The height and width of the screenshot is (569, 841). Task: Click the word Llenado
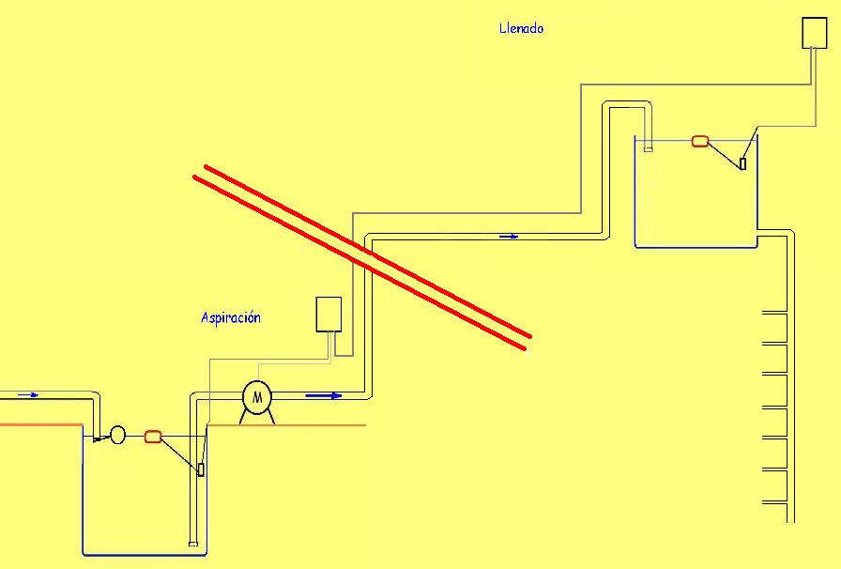(x=521, y=28)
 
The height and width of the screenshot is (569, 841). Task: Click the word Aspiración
(x=230, y=317)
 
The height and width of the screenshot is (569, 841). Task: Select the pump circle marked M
(x=256, y=397)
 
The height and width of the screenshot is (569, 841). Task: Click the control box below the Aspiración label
(x=329, y=314)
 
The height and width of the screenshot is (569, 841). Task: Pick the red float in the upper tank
(x=699, y=142)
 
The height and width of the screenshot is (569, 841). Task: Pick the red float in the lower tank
(x=153, y=436)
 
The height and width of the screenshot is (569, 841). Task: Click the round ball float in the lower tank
(x=117, y=435)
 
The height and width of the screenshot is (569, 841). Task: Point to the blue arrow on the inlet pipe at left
(x=28, y=395)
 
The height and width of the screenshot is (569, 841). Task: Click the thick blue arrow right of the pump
(x=323, y=396)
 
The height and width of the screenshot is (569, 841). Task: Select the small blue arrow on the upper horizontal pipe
(x=509, y=236)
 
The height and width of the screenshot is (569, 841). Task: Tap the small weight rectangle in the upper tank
(x=742, y=163)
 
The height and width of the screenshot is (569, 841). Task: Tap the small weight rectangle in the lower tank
(x=200, y=469)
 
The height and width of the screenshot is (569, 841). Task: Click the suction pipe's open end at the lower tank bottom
(x=192, y=542)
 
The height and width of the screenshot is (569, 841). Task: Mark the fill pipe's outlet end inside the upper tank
(x=648, y=147)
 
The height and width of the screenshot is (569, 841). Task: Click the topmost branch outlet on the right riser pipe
(x=773, y=312)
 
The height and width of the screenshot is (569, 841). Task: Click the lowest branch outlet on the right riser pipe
(x=773, y=503)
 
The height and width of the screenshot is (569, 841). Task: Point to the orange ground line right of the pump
(x=319, y=425)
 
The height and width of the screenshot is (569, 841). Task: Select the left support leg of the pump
(x=244, y=417)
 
